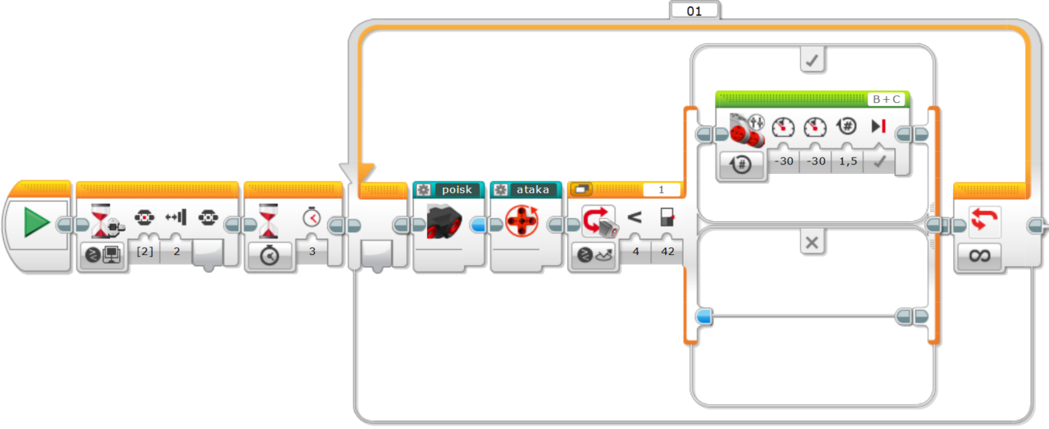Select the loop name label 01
pos(694,11)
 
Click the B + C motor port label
pos(886,99)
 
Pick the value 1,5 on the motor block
pos(848,162)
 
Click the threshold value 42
pos(667,251)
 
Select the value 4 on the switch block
pos(635,251)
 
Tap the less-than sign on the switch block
pos(634,218)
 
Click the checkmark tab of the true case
pos(812,60)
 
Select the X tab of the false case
pos(812,243)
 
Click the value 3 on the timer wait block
pos(312,251)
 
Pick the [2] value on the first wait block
pos(144,251)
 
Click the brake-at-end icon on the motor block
pos(878,127)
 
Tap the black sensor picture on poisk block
pos(443,222)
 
